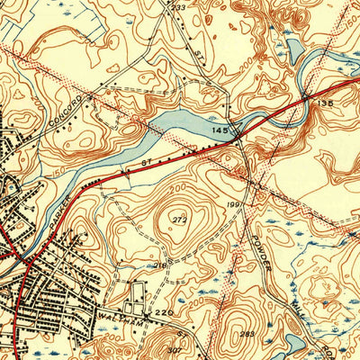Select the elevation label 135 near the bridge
(x=325, y=103)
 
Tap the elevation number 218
(x=159, y=265)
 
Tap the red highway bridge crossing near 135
(x=307, y=95)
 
